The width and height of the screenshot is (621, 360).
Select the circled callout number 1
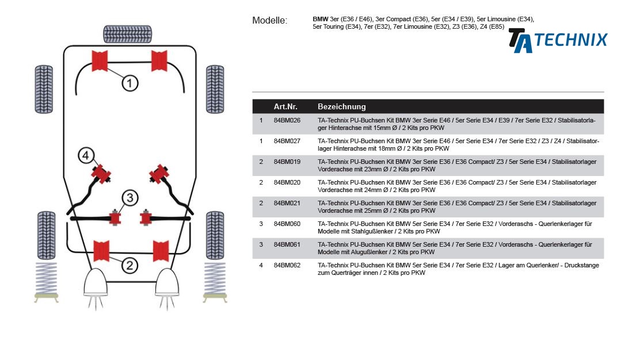(129, 83)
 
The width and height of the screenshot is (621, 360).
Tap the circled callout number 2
(129, 265)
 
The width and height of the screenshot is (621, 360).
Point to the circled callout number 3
(130, 198)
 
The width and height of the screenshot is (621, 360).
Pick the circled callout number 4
(85, 155)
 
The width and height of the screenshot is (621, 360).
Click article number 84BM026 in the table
(287, 121)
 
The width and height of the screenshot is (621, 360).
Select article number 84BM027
(287, 141)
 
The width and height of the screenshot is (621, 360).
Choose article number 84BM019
(287, 162)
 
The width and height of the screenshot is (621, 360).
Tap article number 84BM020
(287, 183)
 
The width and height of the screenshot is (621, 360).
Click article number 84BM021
(287, 204)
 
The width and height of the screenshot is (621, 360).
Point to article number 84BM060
(287, 224)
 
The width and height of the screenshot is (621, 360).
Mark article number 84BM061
(287, 245)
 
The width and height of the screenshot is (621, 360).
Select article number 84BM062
(287, 266)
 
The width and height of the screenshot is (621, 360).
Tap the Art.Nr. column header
(285, 107)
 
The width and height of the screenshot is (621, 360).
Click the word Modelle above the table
(269, 21)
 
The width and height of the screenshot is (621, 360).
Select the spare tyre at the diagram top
(128, 33)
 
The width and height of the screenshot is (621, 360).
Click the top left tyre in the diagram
(44, 89)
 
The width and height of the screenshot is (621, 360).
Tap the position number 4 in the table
(261, 266)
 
